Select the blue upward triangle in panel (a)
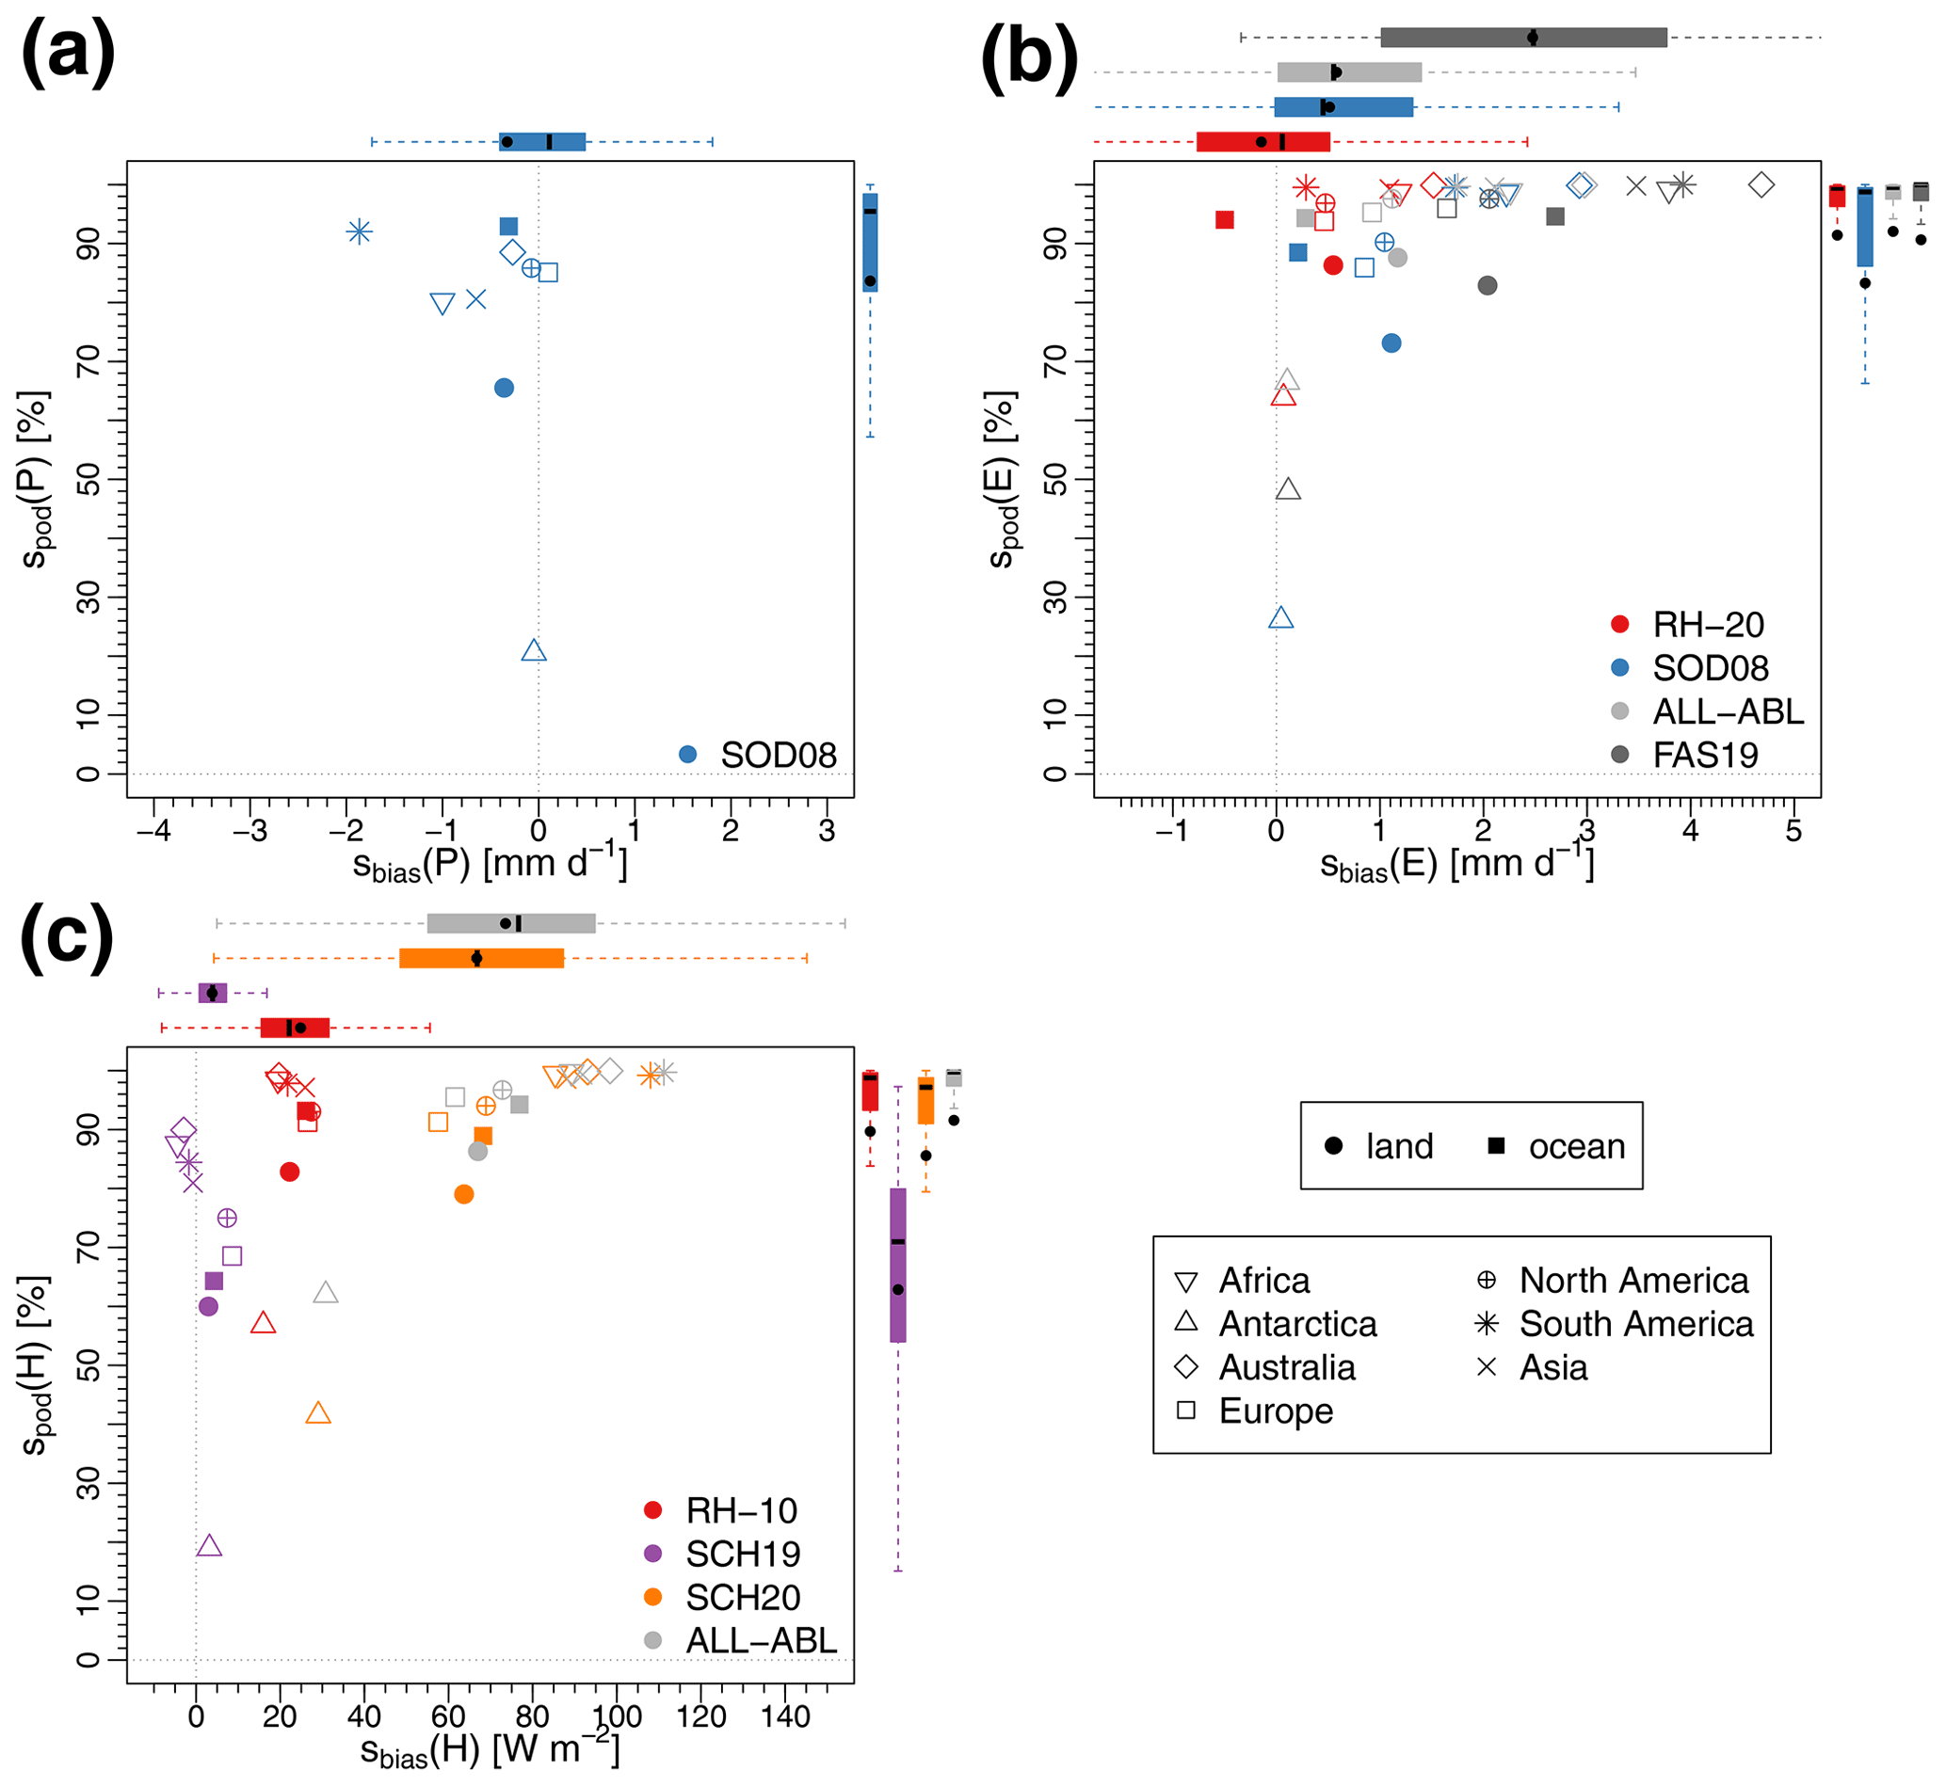point(534,651)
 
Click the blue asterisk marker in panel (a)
point(360,231)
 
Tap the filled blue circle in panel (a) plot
point(504,389)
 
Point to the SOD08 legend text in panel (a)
point(779,756)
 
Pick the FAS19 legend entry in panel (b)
point(1705,756)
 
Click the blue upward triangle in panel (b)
point(1281,618)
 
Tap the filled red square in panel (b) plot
point(1225,220)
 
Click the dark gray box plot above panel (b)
point(1523,38)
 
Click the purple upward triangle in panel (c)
point(209,1546)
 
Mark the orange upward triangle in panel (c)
point(318,1414)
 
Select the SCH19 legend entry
point(743,1555)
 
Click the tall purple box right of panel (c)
point(898,1265)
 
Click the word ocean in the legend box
point(1577,1147)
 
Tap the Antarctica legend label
point(1297,1324)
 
